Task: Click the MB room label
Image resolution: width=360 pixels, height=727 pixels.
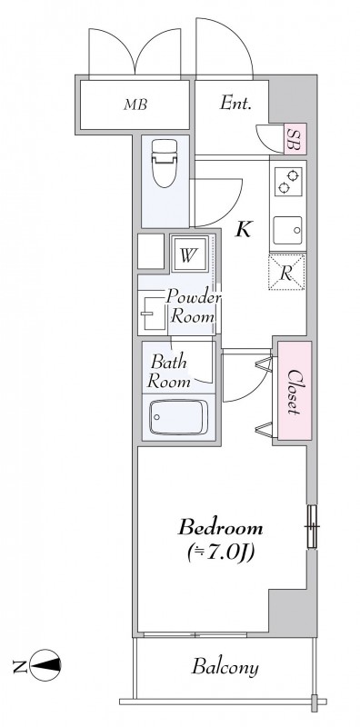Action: tap(135, 105)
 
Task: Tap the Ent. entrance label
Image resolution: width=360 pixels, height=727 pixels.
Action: tap(235, 103)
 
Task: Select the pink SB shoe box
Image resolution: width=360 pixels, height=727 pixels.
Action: tap(295, 139)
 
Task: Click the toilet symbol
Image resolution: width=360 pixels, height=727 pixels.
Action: tap(165, 163)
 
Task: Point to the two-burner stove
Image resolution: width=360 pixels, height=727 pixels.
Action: tap(287, 182)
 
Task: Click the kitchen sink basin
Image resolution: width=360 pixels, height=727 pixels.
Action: tap(287, 230)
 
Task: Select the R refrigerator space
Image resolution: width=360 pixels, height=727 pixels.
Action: tap(286, 273)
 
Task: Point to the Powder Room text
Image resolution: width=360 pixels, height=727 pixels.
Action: tap(193, 306)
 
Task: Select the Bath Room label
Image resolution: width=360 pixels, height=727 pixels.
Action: tap(168, 372)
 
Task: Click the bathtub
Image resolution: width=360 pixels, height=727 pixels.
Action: tap(178, 417)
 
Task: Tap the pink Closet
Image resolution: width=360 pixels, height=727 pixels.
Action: tap(295, 391)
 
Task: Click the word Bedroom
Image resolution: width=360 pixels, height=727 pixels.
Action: tap(220, 528)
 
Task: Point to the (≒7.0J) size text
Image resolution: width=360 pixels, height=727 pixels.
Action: tap(221, 553)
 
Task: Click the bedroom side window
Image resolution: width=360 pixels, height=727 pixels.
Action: tap(312, 526)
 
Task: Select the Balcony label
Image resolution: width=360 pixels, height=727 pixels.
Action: tap(225, 668)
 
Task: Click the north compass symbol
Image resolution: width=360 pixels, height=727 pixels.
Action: tap(45, 665)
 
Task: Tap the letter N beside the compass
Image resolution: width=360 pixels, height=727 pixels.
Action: tap(19, 666)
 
